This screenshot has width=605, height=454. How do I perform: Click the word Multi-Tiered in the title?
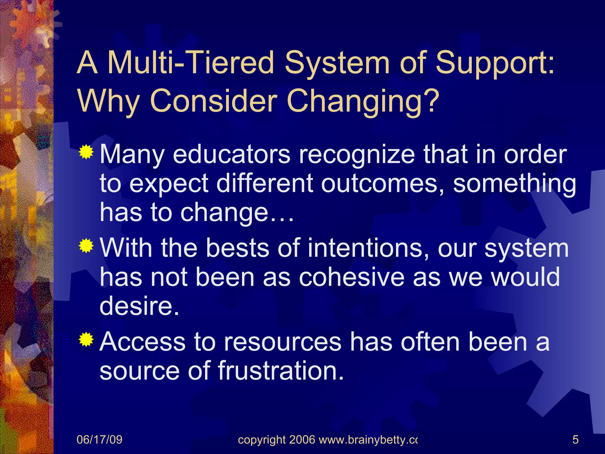[x=191, y=63]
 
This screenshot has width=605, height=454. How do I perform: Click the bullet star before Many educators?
[x=86, y=153]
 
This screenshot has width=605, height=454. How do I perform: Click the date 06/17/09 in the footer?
[x=99, y=440]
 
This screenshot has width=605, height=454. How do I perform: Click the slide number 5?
[x=575, y=440]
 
